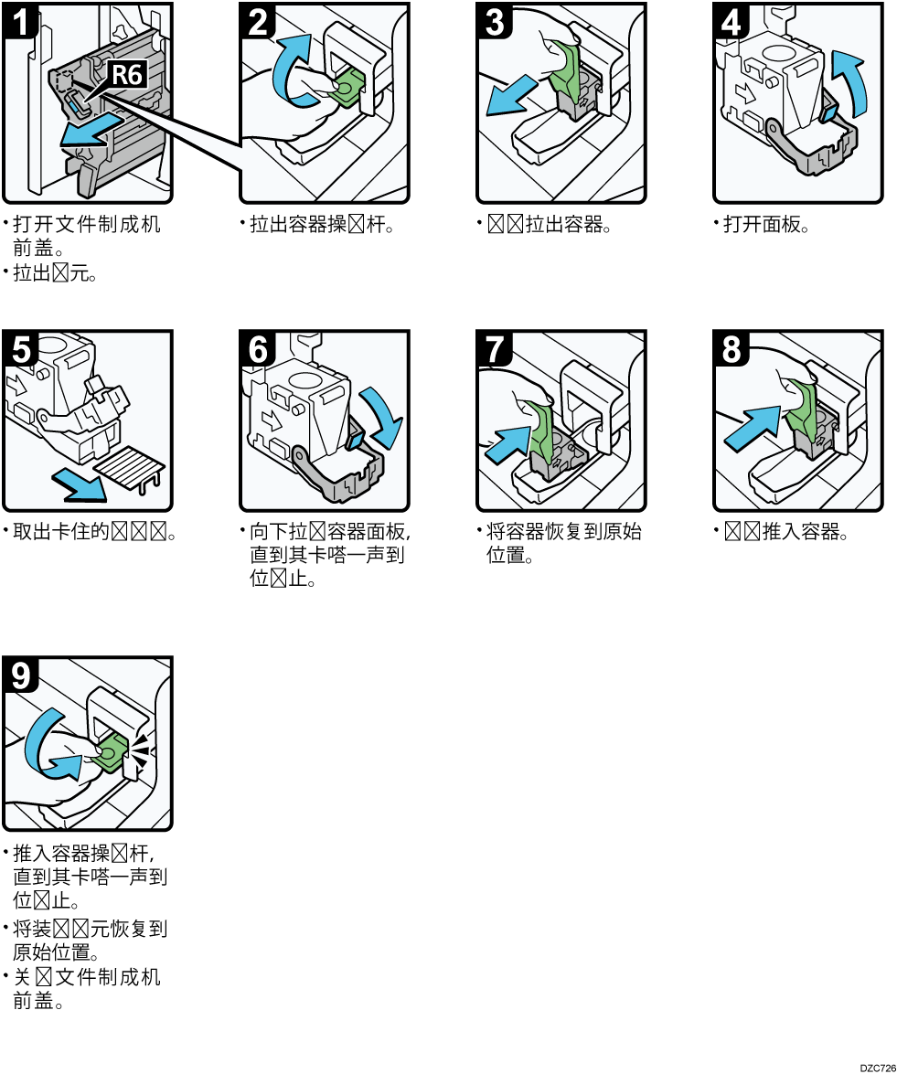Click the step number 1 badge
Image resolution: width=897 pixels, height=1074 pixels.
(x=19, y=21)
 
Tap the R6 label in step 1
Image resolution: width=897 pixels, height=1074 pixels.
(x=127, y=74)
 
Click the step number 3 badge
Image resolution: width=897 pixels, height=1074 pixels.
(x=495, y=21)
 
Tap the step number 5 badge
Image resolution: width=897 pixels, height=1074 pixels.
(x=19, y=348)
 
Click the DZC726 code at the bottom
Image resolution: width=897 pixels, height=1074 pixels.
(x=877, y=1067)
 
